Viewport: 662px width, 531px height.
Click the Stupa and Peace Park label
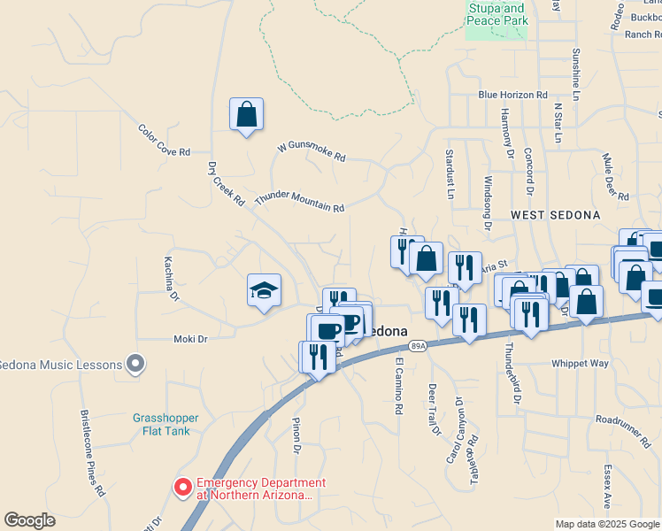(x=496, y=14)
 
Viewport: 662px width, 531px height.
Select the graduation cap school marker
(x=264, y=290)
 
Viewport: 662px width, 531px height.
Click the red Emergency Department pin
(x=183, y=486)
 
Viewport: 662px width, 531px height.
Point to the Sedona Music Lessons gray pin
(x=135, y=363)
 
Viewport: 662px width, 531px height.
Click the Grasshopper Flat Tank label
(x=165, y=425)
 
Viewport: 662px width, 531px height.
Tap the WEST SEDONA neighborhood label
(x=555, y=215)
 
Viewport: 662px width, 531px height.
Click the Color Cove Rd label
(x=165, y=140)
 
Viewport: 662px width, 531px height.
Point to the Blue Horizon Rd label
(x=512, y=95)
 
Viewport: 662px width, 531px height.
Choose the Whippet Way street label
(x=580, y=363)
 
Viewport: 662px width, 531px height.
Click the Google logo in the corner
(x=29, y=520)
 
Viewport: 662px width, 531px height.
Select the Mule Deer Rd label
(x=615, y=177)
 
